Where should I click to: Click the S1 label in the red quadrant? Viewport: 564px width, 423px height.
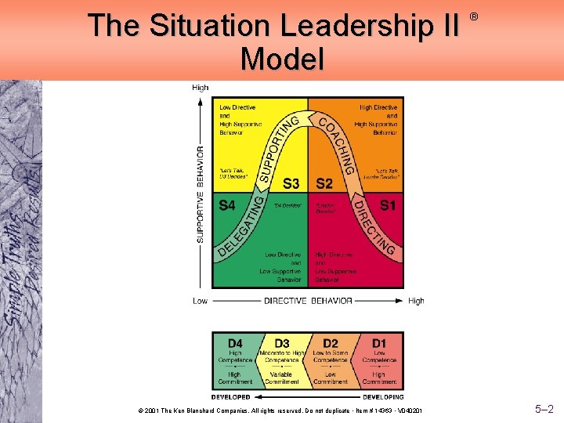tap(387, 205)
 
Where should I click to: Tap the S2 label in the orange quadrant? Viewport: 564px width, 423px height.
tap(324, 183)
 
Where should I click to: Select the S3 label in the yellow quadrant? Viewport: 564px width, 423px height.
tap(291, 183)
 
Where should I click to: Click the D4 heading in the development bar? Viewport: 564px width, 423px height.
tap(235, 343)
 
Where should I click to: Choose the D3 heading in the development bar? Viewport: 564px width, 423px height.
tap(281, 343)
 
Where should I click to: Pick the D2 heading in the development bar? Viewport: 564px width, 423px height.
tap(330, 343)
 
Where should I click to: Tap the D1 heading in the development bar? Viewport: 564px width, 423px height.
tap(379, 343)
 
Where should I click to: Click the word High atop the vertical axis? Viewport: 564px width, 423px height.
tap(201, 88)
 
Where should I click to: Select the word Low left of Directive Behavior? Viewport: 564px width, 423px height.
tap(201, 301)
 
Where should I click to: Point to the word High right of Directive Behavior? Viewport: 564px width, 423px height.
tap(416, 301)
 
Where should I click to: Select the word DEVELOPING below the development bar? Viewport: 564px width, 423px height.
tap(378, 396)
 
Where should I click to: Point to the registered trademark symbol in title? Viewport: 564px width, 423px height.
tap(473, 16)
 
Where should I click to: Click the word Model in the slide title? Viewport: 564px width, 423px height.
tap(282, 58)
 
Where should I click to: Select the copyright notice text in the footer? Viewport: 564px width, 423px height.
tap(280, 410)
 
